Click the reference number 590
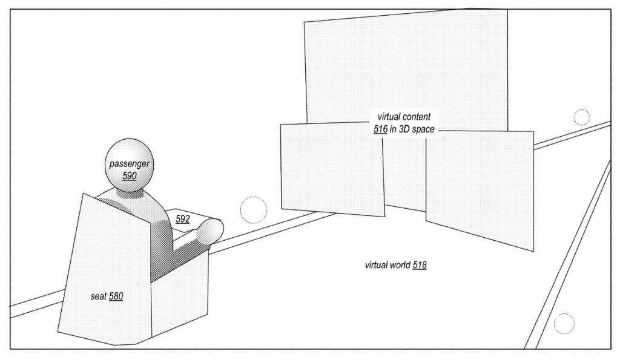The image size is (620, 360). point(130,175)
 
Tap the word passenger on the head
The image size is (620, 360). point(130,163)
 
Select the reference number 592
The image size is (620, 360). point(183,219)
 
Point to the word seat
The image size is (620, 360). point(99,296)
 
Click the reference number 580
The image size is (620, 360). point(116,296)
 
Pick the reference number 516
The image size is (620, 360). point(380,129)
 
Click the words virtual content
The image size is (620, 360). point(404,117)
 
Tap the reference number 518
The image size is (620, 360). point(420,265)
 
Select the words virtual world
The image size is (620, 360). point(387,265)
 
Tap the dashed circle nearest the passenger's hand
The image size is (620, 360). point(254,209)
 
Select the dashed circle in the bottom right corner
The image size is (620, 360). point(564,323)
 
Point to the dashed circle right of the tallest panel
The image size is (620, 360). point(582,117)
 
